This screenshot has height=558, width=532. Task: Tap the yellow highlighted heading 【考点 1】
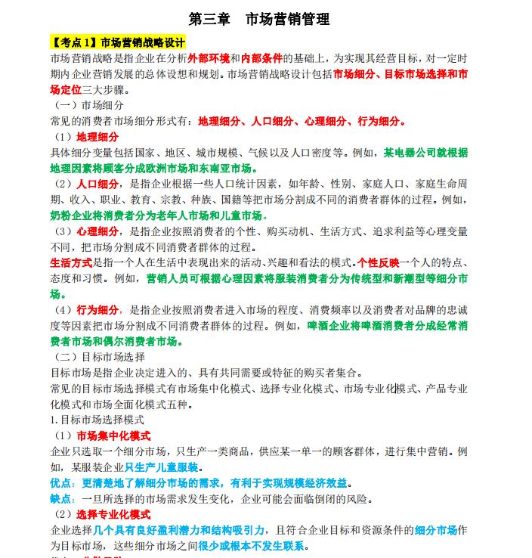[74, 42]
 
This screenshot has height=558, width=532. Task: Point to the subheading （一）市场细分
[88, 105]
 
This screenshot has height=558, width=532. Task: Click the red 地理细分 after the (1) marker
[97, 137]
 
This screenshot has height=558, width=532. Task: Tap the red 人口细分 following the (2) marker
[97, 184]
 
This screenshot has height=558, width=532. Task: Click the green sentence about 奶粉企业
[159, 215]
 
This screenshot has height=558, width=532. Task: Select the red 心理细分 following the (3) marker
[97, 231]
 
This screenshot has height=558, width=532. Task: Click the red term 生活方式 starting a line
[71, 263]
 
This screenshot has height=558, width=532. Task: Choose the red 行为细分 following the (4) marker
[97, 310]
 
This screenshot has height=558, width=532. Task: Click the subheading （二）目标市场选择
[99, 357]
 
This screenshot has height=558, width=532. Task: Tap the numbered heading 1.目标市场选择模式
[97, 420]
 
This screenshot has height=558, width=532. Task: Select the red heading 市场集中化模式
[113, 436]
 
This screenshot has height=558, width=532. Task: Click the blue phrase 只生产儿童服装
[162, 467]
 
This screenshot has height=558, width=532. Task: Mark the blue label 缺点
[63, 499]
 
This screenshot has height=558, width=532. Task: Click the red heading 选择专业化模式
[113, 515]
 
